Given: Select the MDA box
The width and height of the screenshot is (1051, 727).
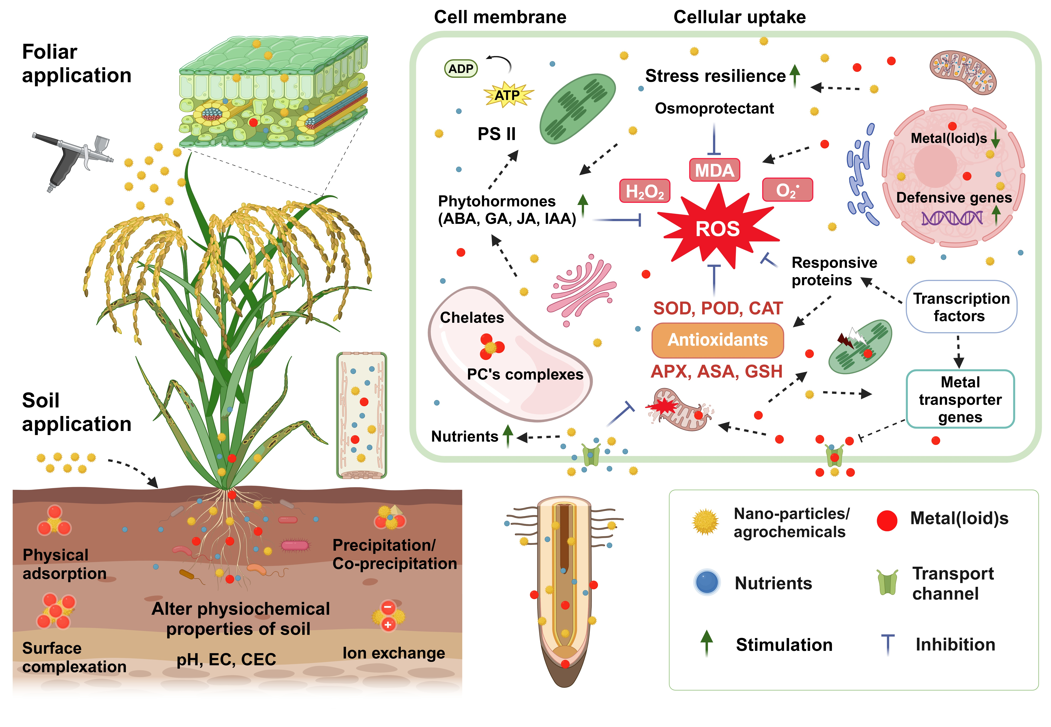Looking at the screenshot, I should [x=714, y=170].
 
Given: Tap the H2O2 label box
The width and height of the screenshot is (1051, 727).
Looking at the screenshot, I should [x=644, y=191].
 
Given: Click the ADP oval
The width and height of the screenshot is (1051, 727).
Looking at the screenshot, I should [x=461, y=69].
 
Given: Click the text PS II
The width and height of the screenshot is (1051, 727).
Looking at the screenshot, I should [x=496, y=134].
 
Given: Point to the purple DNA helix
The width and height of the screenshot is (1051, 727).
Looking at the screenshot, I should [x=952, y=218].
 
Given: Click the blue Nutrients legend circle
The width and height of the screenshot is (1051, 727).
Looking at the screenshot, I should [x=707, y=583].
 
